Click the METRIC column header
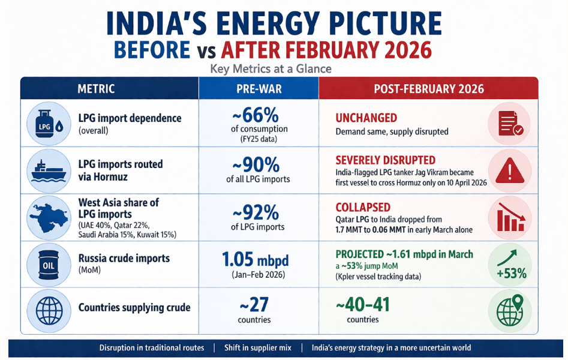(x=96, y=89)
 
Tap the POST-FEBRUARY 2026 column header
(x=428, y=89)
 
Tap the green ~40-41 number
(x=362, y=304)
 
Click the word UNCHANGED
(x=366, y=118)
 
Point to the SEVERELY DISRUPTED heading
(x=386, y=160)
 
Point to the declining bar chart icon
(x=510, y=218)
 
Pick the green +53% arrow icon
(x=510, y=265)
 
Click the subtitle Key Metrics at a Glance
(x=271, y=69)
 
